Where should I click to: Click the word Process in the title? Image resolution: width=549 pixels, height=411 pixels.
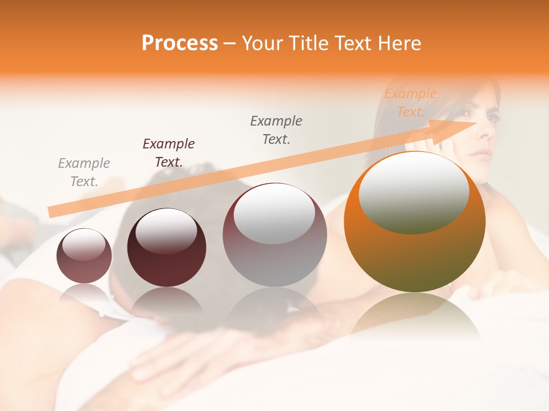pyautogui.click(x=180, y=43)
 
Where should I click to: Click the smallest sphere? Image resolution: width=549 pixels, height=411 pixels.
pyautogui.click(x=84, y=256)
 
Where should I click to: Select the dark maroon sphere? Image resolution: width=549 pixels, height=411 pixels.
pyautogui.click(x=166, y=248)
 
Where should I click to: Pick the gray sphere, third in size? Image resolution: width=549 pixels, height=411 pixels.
pyautogui.click(x=274, y=235)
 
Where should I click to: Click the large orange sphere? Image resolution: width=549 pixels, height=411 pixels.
pyautogui.click(x=415, y=223)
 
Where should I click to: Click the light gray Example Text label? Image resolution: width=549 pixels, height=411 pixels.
pyautogui.click(x=84, y=172)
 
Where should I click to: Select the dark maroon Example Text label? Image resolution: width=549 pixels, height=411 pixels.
pyautogui.click(x=169, y=153)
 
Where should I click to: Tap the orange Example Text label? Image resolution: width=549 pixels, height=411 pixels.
pyautogui.click(x=411, y=103)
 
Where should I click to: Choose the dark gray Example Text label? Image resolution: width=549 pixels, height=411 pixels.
pyautogui.click(x=276, y=130)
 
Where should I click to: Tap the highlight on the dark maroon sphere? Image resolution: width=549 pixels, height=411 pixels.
pyautogui.click(x=166, y=231)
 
